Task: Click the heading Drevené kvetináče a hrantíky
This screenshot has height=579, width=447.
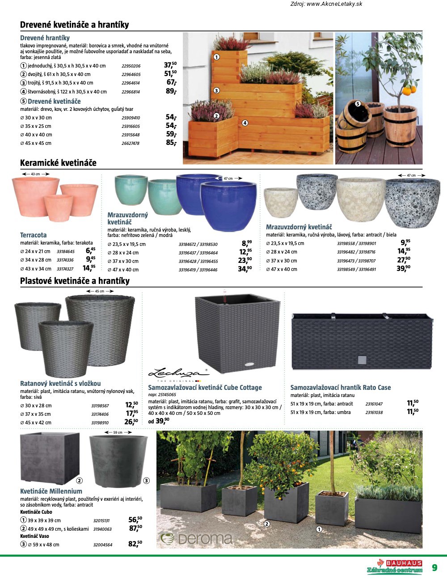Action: tap(74, 25)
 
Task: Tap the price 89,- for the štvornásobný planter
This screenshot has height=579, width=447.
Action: tap(171, 91)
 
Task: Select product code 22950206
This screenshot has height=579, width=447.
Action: tap(131, 66)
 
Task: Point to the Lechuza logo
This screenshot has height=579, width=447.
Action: tap(178, 372)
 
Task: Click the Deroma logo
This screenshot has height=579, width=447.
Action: tap(197, 538)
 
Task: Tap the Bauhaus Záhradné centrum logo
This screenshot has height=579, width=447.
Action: tap(395, 566)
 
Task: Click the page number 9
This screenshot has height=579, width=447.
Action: tap(434, 568)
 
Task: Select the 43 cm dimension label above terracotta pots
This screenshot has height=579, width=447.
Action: tap(35, 174)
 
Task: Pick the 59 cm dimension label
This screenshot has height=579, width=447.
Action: tap(118, 432)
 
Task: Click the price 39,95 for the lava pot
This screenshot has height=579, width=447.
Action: tap(403, 269)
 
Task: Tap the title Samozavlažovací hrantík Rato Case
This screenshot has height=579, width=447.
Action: tap(340, 388)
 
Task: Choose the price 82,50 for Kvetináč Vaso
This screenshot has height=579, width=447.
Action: tap(135, 544)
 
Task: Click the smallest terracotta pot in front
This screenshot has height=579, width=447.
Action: tap(59, 208)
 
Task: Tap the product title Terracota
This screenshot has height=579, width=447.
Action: tap(33, 235)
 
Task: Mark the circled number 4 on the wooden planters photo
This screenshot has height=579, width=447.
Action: tap(245, 123)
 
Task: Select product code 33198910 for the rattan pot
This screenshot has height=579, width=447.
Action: tap(100, 423)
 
